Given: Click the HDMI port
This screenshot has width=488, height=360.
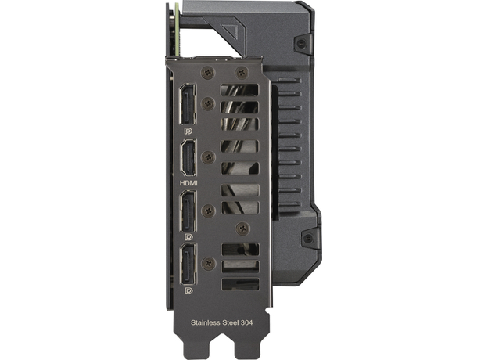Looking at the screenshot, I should [x=188, y=157].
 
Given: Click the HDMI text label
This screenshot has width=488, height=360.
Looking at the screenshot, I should [x=188, y=183].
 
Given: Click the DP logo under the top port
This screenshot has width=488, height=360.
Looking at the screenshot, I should [x=188, y=128].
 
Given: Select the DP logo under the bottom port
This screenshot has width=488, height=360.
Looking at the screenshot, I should [x=188, y=290].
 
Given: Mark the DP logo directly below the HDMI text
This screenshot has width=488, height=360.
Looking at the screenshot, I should [x=188, y=236].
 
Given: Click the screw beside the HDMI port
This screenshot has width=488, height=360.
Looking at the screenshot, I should [x=208, y=157].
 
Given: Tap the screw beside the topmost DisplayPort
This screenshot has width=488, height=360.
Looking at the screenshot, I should [x=208, y=103].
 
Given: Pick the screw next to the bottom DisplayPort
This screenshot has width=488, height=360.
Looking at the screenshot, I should [x=208, y=265].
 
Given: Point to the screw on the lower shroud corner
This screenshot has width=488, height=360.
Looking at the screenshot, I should [x=307, y=238].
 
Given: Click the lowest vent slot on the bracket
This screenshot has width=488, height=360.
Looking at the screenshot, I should [x=240, y=283].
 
